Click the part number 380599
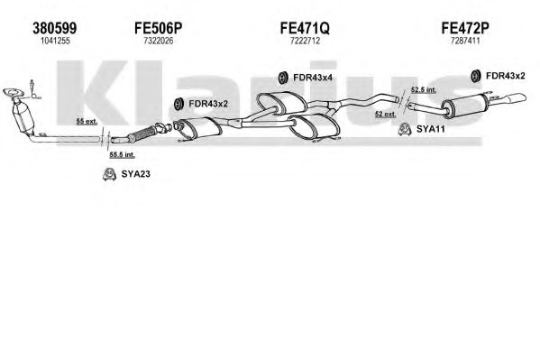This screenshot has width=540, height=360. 55,28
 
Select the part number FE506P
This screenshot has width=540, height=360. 158,28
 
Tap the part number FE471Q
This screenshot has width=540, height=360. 305,28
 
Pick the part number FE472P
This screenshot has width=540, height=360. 465,28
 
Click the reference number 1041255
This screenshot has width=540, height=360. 55,41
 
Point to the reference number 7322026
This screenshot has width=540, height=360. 158,41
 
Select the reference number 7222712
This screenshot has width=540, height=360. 305,41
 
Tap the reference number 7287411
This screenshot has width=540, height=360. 465,41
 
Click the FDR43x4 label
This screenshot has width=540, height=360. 313,78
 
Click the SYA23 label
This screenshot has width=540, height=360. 136,174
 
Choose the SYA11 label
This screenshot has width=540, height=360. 431,129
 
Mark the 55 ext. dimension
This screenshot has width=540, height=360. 87,122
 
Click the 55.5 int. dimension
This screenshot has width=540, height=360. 122,155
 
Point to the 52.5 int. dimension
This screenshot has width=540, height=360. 424,90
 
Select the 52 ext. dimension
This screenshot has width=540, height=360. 386,115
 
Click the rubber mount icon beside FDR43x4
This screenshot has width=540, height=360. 283,78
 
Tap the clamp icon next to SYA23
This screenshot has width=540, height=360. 109,174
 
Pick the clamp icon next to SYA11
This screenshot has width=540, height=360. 404,130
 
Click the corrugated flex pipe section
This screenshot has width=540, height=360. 142,134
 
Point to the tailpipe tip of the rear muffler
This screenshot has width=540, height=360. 518,98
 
